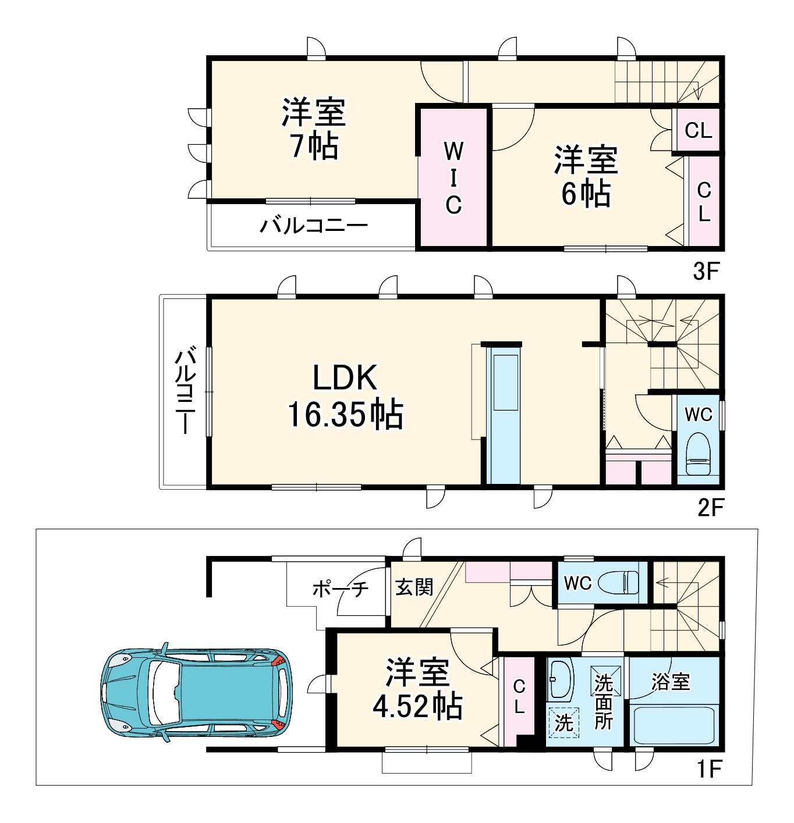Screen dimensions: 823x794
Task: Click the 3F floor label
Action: (x=707, y=271)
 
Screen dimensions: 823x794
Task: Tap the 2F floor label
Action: (x=710, y=508)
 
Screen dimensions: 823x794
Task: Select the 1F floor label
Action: (x=709, y=769)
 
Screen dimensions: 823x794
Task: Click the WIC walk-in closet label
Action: (x=453, y=177)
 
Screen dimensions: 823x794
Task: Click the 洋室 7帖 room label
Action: (x=314, y=129)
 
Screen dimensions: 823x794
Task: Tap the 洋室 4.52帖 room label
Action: (x=417, y=689)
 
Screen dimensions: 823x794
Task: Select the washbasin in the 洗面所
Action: (x=561, y=679)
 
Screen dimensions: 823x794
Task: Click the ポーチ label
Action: (x=341, y=589)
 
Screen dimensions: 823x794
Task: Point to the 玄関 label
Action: (x=414, y=587)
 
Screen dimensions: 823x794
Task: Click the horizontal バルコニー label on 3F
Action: (x=314, y=225)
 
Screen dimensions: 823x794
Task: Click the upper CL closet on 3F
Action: (x=699, y=130)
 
